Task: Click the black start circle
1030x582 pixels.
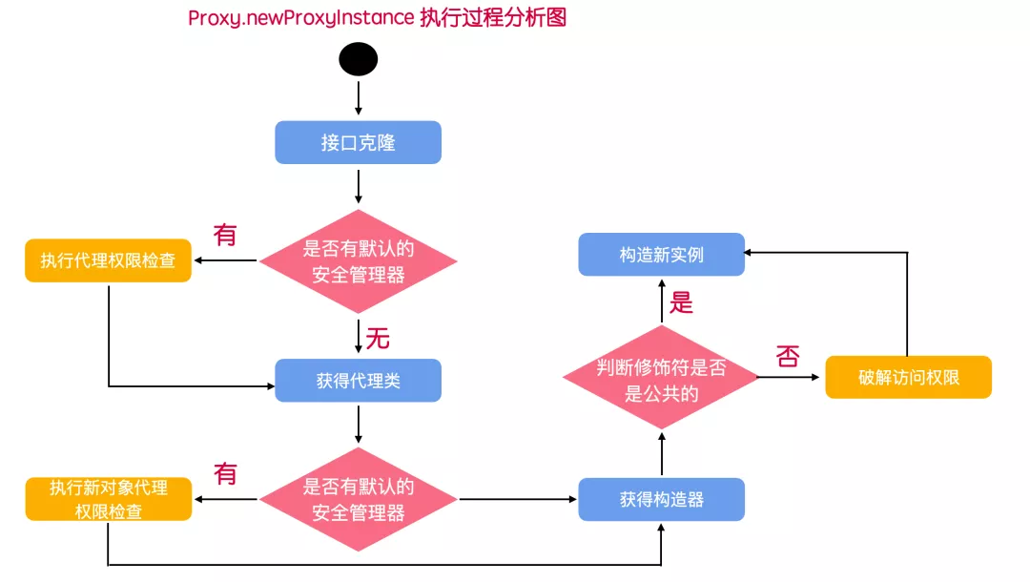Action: tap(358, 59)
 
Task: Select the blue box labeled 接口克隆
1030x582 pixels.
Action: tap(358, 142)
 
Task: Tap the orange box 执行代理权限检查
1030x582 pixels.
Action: tap(108, 260)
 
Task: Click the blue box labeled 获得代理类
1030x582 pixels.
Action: tap(358, 381)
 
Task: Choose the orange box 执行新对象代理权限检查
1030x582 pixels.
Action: tap(108, 499)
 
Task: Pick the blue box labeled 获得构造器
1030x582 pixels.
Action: tap(661, 499)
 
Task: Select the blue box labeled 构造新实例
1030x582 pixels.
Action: tap(661, 255)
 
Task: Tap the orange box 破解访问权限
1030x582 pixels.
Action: tap(908, 378)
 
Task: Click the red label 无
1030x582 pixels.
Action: tap(379, 338)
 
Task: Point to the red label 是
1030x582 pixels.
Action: tap(681, 302)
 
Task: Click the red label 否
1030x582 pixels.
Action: tap(788, 357)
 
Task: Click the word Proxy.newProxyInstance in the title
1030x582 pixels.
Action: tap(300, 18)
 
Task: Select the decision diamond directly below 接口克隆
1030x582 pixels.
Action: tap(358, 261)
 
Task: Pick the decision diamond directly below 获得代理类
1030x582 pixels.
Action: tap(358, 499)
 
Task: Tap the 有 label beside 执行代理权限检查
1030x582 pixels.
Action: tap(225, 234)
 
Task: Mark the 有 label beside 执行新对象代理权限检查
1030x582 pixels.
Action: tap(225, 473)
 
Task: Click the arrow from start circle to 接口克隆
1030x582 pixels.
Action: tap(358, 97)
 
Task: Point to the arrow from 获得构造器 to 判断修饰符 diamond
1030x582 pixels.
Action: tap(661, 453)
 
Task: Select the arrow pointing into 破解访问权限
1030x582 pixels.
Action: tap(790, 378)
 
